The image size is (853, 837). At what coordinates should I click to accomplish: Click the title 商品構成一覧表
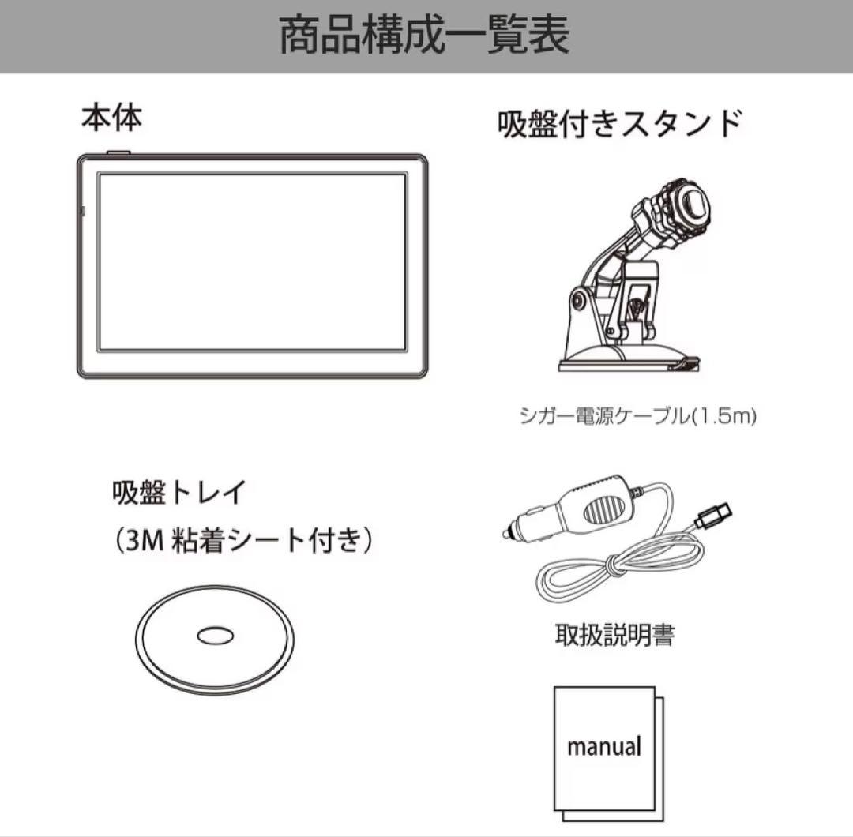coord(425,36)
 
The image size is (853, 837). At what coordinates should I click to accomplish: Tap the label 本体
coord(111,118)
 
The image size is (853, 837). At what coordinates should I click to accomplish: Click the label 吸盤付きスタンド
coord(619,125)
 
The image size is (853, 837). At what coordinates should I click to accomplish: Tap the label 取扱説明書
coord(614,634)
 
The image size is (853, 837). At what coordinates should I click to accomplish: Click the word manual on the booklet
coord(604,745)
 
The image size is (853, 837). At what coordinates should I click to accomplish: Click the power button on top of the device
coord(118,152)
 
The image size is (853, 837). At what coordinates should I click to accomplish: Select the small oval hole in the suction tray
coord(214,636)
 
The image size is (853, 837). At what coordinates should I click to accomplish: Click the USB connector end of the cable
coord(715,518)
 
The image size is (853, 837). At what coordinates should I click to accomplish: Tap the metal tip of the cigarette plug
coord(507,534)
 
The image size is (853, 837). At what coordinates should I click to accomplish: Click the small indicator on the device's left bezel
coord(84,212)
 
